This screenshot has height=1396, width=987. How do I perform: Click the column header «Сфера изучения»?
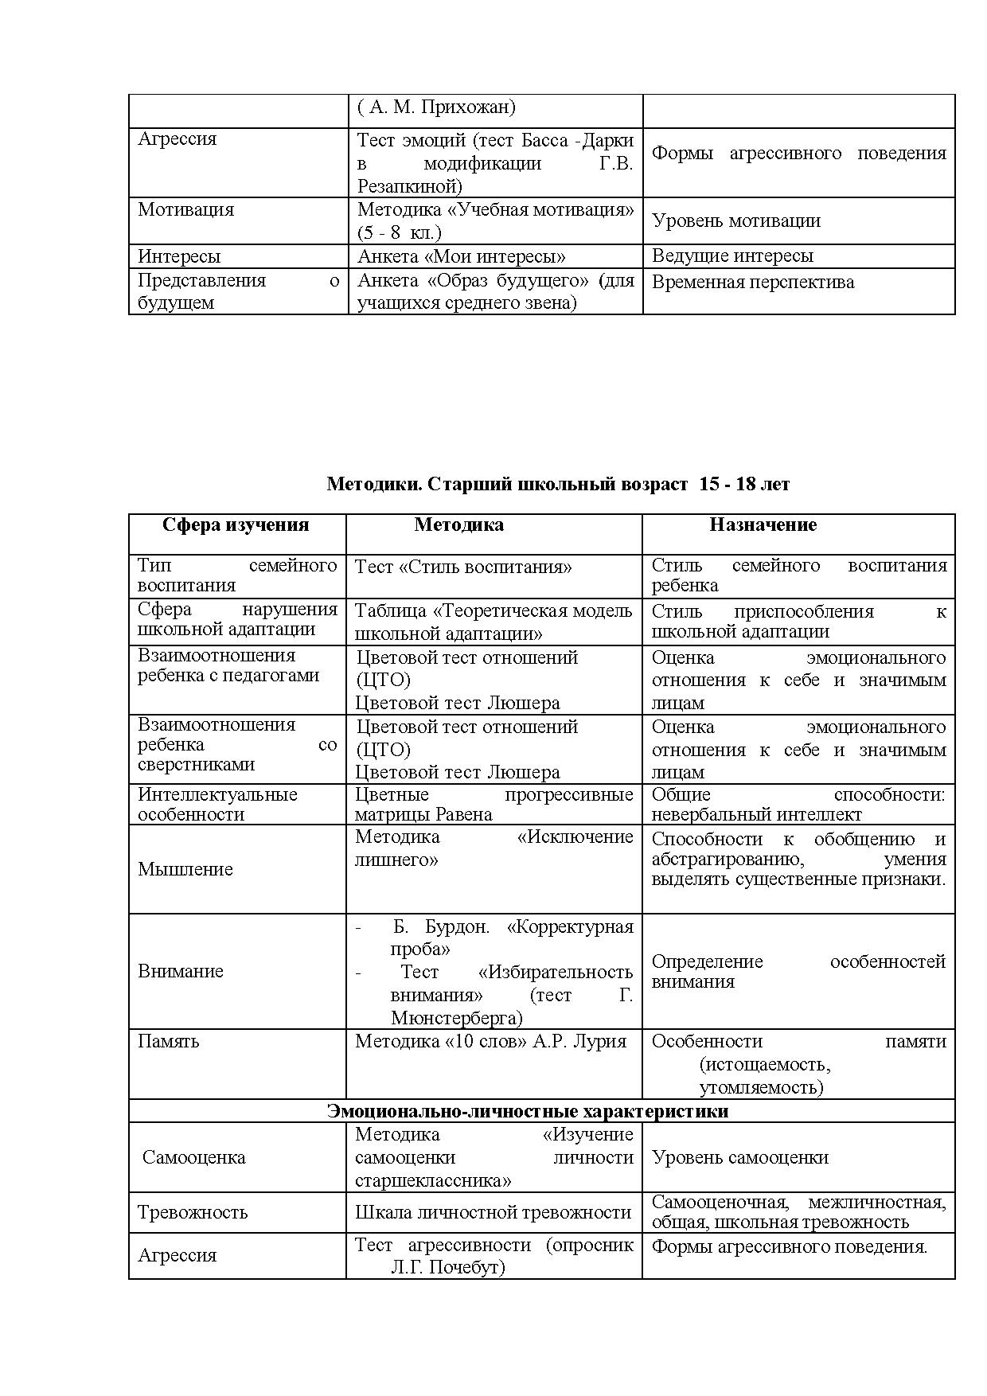click(236, 525)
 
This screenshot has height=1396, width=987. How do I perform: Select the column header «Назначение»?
click(763, 525)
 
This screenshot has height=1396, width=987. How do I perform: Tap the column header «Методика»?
click(458, 525)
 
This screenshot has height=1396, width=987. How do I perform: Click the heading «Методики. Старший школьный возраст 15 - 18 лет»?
click(558, 484)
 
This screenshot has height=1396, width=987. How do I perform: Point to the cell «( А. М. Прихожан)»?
click(436, 107)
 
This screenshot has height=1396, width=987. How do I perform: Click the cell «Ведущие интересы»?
click(732, 256)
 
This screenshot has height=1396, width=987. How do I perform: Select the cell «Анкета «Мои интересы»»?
click(462, 256)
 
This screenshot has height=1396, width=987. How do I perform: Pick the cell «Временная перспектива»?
click(752, 283)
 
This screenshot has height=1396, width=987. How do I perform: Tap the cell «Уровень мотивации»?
click(735, 221)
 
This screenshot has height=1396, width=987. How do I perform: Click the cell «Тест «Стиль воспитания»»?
click(463, 567)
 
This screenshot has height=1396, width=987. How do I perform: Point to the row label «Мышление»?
click(185, 869)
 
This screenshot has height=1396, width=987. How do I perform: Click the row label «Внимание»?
click(181, 971)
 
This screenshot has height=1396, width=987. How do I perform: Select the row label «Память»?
click(169, 1042)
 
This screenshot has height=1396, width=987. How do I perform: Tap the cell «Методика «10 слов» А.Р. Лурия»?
click(490, 1042)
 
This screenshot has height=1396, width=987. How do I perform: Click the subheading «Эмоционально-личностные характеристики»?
click(528, 1112)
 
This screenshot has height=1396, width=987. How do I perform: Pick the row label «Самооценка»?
click(193, 1158)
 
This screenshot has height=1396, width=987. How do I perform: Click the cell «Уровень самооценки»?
click(739, 1158)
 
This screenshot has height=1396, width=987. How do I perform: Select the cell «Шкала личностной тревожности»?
click(493, 1213)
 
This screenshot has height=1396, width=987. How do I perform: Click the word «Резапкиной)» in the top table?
click(409, 187)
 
